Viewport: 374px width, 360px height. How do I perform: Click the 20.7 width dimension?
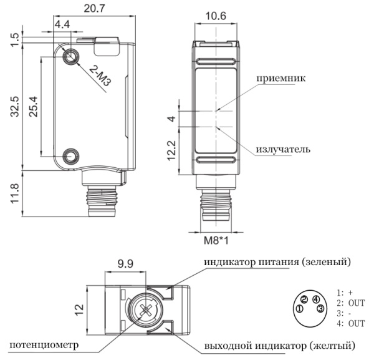coord(92,9)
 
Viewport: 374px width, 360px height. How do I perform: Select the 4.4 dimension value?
coord(62,25)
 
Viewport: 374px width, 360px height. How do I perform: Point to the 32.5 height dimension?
coord(8,107)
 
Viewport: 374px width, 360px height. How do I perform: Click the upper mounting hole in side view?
coord(72,56)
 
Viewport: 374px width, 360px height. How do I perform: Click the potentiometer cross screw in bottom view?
coord(146,309)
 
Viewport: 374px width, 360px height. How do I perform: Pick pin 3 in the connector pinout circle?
coord(320,308)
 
